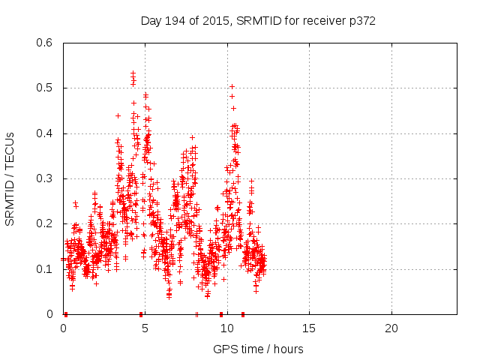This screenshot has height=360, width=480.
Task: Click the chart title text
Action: pos(258,21)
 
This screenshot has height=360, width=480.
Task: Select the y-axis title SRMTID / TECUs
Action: pos(10,178)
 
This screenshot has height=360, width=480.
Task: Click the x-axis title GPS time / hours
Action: pos(258,349)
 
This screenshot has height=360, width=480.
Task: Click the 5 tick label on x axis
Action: pos(145,328)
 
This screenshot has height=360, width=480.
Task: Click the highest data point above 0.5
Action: pos(133,73)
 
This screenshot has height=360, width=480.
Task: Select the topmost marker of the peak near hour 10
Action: pos(232,87)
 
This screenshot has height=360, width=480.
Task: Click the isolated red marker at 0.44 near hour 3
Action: pos(118,115)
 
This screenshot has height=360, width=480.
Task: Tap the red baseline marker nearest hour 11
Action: pos(242,314)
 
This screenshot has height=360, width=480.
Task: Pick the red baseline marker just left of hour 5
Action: pos(141,314)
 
